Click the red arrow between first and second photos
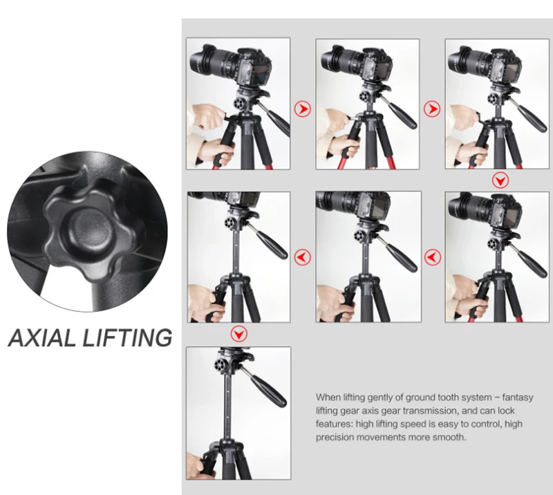point(303,109)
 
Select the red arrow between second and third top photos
point(432,109)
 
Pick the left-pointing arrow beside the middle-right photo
point(432,257)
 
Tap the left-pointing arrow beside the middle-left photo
point(303,257)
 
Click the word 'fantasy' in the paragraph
point(517,398)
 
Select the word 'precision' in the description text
point(337,437)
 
